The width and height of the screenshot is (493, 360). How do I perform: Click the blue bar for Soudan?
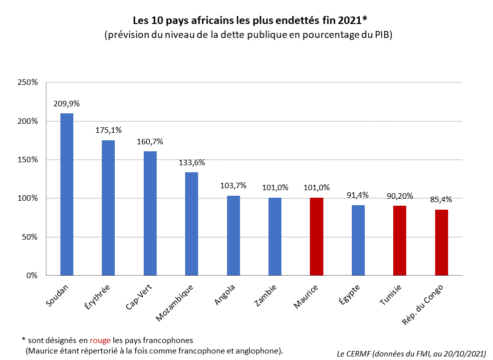[x=67, y=194]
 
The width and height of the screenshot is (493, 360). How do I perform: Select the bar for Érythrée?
[x=108, y=208]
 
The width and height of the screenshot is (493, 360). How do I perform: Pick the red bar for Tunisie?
[x=399, y=240]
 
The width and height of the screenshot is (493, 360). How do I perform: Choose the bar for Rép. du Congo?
[x=441, y=242]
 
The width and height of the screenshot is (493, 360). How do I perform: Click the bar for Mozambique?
[x=192, y=224]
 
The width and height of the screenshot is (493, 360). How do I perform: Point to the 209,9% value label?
[x=67, y=104]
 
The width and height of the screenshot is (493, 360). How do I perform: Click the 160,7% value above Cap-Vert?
[x=150, y=142]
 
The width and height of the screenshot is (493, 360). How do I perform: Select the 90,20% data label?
[x=400, y=196]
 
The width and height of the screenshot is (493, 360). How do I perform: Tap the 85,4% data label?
[x=441, y=200]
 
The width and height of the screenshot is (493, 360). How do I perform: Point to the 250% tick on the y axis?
[x=27, y=82]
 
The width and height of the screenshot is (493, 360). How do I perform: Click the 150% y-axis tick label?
[x=27, y=160]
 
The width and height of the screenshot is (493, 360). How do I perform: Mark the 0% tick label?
[x=31, y=275]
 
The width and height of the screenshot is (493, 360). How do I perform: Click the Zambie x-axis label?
[x=266, y=294]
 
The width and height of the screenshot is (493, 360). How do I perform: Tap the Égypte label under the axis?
[x=349, y=294]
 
